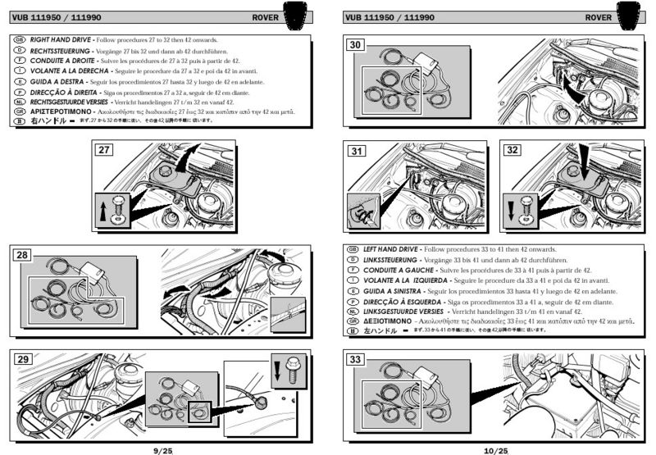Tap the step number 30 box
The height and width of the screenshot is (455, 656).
point(355,45)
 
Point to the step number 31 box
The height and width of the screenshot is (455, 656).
point(355,151)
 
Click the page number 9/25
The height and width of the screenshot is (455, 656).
point(162,449)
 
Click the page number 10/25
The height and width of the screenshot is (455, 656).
point(496,449)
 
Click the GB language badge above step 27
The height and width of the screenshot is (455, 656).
point(20,39)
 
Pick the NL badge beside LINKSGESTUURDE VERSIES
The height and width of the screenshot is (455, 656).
point(351,312)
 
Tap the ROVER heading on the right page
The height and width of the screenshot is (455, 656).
point(599,16)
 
